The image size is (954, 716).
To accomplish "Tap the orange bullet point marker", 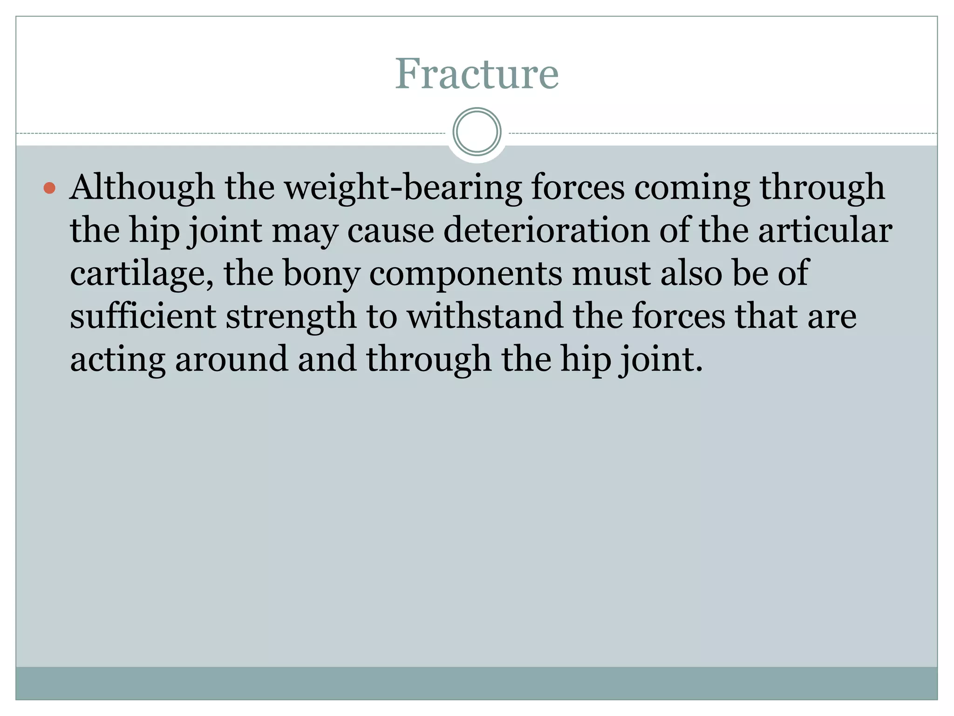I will [x=49, y=188].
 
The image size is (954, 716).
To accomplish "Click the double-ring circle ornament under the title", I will [x=477, y=132].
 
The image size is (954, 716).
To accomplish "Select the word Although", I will [x=142, y=187].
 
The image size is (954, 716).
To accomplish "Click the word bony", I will [x=321, y=274].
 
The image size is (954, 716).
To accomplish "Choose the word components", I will [x=465, y=274].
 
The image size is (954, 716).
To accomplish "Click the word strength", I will [x=291, y=317].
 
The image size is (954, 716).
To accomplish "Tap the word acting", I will [x=117, y=360].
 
